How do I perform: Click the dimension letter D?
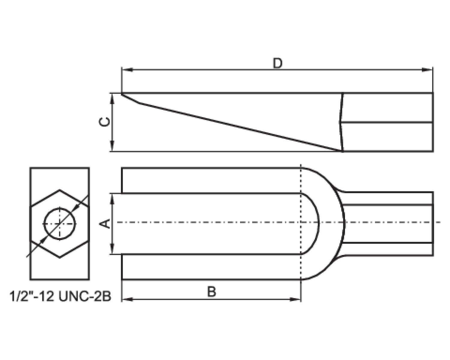278,63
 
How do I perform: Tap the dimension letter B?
212,292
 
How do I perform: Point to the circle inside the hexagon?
60,224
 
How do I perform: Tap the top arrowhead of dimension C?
112,96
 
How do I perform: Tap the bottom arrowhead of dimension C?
112,148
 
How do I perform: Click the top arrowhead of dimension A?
112,197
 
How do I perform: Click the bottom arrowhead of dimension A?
112,251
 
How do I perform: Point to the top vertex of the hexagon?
60,190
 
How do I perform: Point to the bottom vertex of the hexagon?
60,257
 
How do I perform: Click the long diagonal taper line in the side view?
240,127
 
